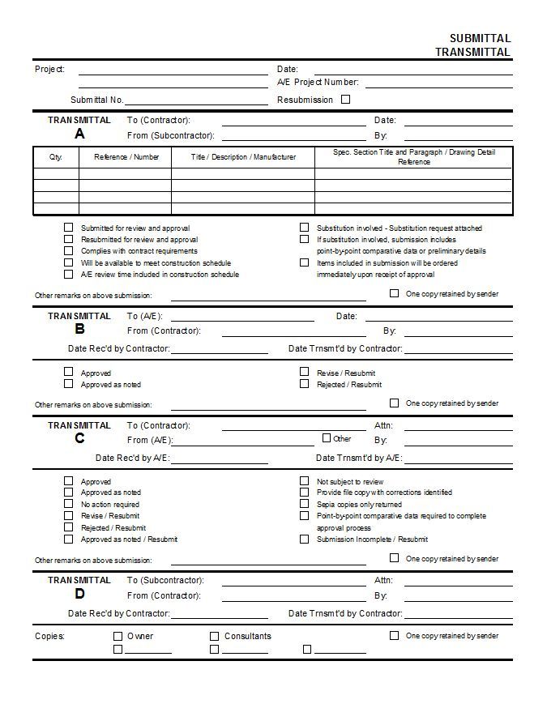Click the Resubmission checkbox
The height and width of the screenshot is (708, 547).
[346, 100]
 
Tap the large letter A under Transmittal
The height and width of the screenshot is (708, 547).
[79, 134]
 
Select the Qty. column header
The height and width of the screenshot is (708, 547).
[56, 157]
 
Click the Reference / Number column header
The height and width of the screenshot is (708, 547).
[126, 157]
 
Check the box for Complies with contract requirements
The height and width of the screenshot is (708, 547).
[69, 251]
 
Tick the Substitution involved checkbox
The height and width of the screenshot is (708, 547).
[305, 228]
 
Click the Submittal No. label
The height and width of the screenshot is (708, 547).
[96, 100]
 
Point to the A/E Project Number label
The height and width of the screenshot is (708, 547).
[318, 82]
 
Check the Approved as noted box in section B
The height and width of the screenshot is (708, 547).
[69, 384]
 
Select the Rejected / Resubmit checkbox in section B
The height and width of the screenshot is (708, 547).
[305, 384]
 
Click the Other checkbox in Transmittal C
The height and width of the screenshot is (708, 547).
[327, 438]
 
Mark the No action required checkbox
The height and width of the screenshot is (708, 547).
[69, 504]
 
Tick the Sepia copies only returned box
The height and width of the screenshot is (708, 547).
[305, 504]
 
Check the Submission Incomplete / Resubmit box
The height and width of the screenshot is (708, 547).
[305, 539]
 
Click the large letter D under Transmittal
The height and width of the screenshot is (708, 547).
[79, 594]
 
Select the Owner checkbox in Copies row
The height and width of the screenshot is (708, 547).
[118, 636]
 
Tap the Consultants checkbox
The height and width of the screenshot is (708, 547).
[215, 636]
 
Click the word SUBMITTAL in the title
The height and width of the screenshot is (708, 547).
[480, 38]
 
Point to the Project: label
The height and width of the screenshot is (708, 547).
[49, 69]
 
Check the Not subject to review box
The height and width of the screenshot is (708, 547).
[305, 481]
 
